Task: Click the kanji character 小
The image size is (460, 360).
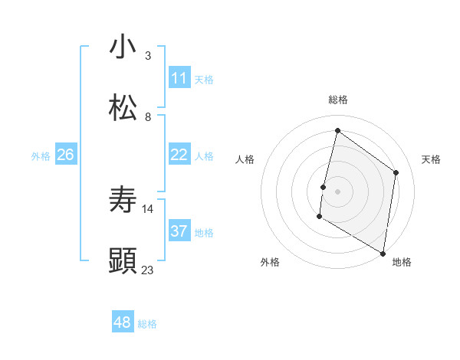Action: (123, 47)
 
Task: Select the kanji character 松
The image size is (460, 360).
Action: (123, 108)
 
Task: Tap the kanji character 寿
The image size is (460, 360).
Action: (123, 200)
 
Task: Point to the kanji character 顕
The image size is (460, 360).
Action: (123, 261)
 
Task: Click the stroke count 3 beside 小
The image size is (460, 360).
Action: (148, 56)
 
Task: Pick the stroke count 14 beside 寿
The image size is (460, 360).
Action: (148, 208)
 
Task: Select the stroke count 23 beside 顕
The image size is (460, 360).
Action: (148, 270)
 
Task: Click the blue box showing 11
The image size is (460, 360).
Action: (179, 78)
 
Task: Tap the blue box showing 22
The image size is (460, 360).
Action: (179, 155)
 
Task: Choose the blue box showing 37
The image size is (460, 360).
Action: (179, 231)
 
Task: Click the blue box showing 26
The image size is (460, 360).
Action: (65, 155)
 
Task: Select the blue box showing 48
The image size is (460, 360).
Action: (123, 322)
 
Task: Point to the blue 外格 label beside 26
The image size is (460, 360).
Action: (41, 156)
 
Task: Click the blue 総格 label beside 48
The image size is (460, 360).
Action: (147, 324)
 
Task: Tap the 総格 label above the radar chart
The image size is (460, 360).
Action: (338, 100)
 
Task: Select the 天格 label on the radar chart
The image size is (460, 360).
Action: (431, 159)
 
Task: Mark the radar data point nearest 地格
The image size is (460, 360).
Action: (383, 253)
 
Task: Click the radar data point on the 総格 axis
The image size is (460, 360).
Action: (337, 130)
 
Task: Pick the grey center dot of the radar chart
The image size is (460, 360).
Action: (337, 191)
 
